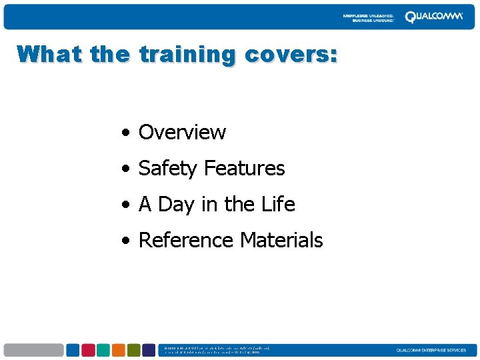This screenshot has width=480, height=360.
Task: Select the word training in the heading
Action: point(187,55)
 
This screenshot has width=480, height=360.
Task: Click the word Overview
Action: point(182,132)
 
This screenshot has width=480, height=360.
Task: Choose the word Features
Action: point(245,168)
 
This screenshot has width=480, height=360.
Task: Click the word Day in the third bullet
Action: point(175,205)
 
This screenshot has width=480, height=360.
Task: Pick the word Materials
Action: point(281,240)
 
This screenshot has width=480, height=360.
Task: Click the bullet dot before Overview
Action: point(125,133)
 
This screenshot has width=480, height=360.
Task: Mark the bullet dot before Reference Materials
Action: point(125,241)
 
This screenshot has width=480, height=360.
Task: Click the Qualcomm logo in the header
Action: point(433,17)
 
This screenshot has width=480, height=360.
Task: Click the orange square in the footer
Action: point(119,350)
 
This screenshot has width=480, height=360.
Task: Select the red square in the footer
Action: point(88,350)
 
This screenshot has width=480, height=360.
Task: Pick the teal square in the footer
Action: point(103,350)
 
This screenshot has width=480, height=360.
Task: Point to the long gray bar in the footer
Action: point(33,350)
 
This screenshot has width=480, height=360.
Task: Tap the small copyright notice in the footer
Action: point(217,350)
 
